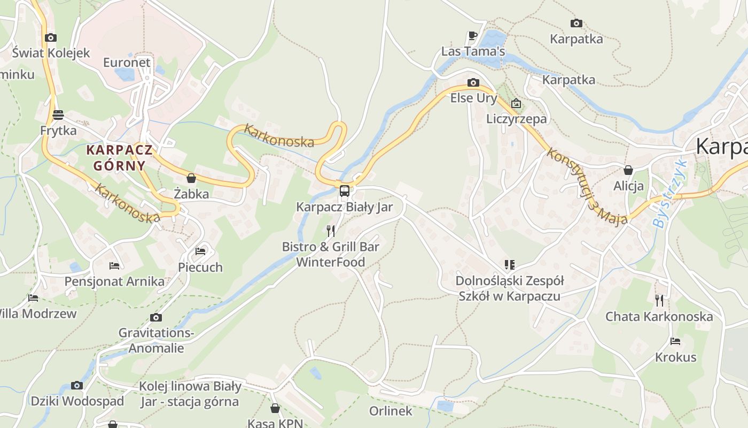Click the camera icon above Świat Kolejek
pyautogui.click(x=51, y=37)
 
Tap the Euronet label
pyautogui.click(x=127, y=63)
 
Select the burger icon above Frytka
pyautogui.click(x=58, y=114)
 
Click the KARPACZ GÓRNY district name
pyautogui.click(x=120, y=157)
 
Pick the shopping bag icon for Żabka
pyautogui.click(x=191, y=178)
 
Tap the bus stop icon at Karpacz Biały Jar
pyautogui.click(x=345, y=191)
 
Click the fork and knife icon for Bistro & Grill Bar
pyautogui.click(x=331, y=231)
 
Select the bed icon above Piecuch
pyautogui.click(x=200, y=251)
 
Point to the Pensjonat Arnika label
pyautogui.click(x=114, y=281)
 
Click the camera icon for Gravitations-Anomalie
pyautogui.click(x=155, y=317)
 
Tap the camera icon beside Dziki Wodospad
pyautogui.click(x=77, y=385)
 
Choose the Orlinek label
pyautogui.click(x=391, y=411)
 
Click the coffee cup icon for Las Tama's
pyautogui.click(x=472, y=36)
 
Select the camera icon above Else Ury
pyautogui.click(x=473, y=82)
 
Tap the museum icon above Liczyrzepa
pyautogui.click(x=516, y=103)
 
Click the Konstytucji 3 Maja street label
pyautogui.click(x=586, y=187)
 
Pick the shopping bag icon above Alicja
pyautogui.click(x=628, y=170)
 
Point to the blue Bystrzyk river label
pyautogui.click(x=669, y=194)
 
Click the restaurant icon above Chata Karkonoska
pyautogui.click(x=659, y=300)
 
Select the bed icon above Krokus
pyautogui.click(x=675, y=341)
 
